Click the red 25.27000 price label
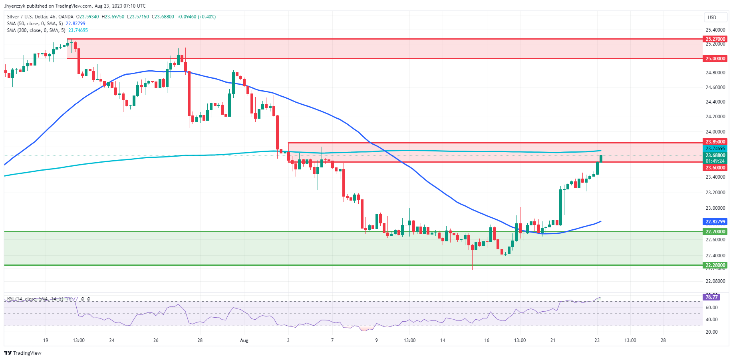point(715,39)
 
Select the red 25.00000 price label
point(715,58)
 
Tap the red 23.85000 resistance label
point(715,142)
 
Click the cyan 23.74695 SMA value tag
point(715,149)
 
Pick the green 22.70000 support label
point(715,231)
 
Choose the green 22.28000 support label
point(715,265)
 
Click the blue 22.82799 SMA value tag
point(715,222)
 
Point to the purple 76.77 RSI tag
point(711,297)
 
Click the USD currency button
point(712,17)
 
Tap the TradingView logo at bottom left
point(23,353)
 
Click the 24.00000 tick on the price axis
point(715,131)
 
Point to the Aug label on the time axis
point(244,340)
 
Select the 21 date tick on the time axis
point(553,340)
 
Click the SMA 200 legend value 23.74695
point(78,30)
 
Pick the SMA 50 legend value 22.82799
point(75,24)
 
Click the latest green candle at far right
point(601,159)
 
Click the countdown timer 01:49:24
point(715,161)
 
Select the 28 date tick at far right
point(663,340)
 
